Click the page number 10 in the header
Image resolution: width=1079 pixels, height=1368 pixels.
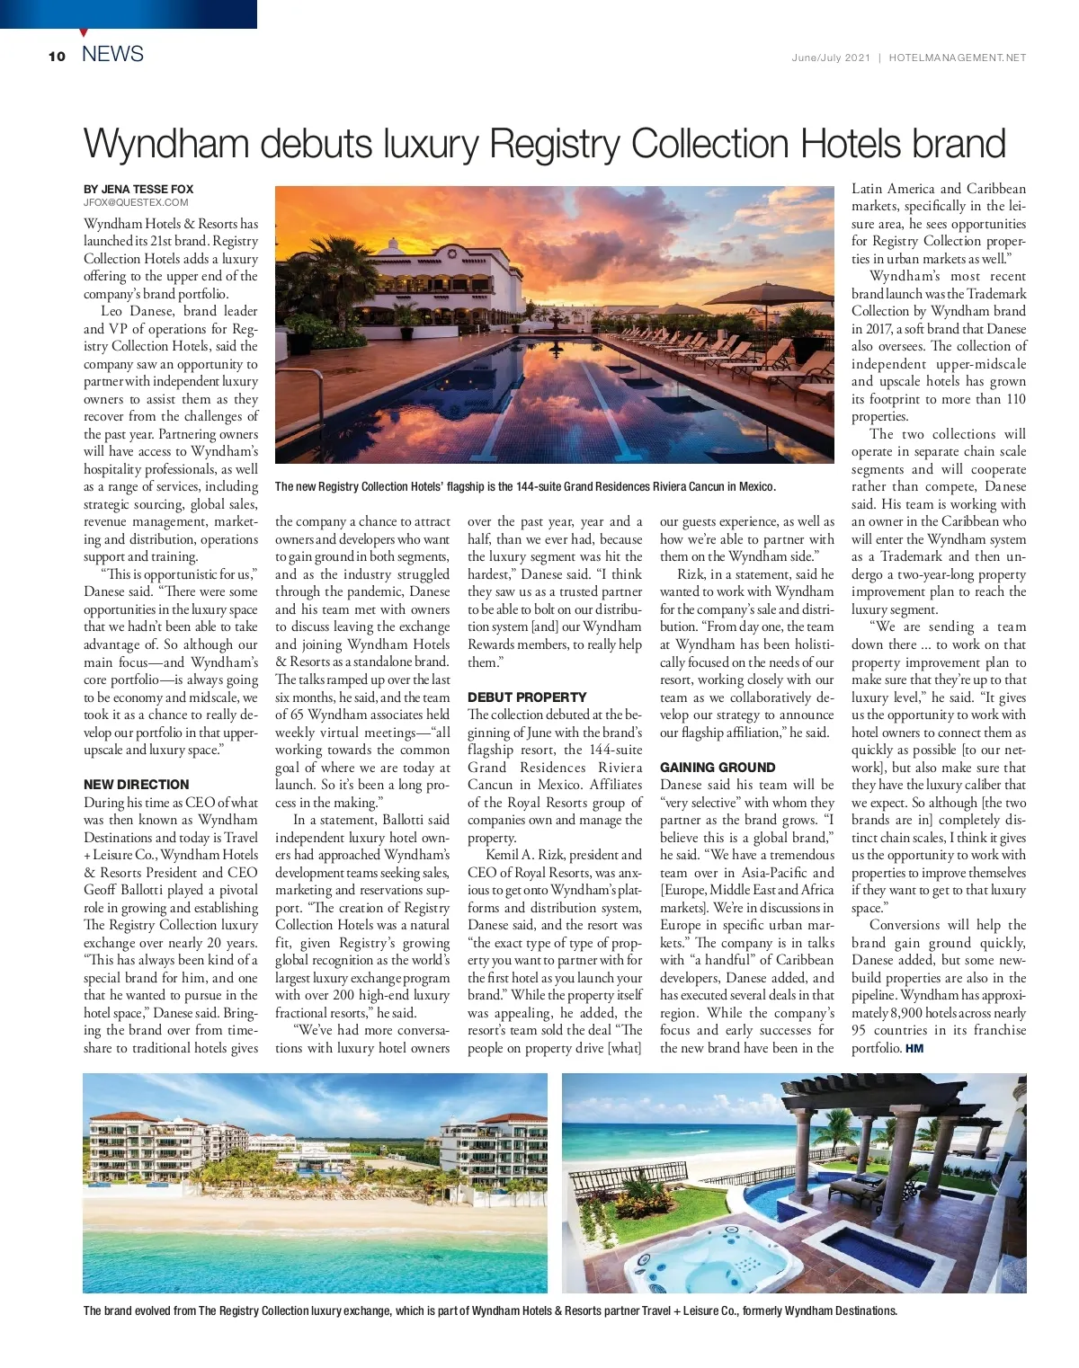tap(58, 57)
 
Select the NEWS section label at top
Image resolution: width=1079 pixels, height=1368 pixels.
tap(112, 54)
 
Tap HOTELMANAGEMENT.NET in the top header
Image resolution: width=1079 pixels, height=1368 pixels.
tap(957, 58)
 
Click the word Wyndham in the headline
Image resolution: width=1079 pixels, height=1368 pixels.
tap(165, 145)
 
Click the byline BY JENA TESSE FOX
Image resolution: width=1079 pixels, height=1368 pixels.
tap(138, 189)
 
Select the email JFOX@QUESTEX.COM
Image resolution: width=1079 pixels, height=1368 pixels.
tap(136, 202)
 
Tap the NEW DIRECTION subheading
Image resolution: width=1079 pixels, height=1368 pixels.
tap(137, 785)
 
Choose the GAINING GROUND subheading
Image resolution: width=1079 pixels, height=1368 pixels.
tap(718, 768)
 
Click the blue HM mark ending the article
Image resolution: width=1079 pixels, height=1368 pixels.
tap(914, 1048)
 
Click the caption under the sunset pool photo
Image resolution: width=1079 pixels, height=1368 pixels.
tap(525, 486)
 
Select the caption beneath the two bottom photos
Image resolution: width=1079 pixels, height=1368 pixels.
tap(490, 1310)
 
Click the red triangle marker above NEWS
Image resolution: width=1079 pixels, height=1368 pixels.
tap(84, 33)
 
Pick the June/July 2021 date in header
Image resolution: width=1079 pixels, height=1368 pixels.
tap(830, 58)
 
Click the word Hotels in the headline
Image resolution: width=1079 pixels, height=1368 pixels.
tap(851, 144)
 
